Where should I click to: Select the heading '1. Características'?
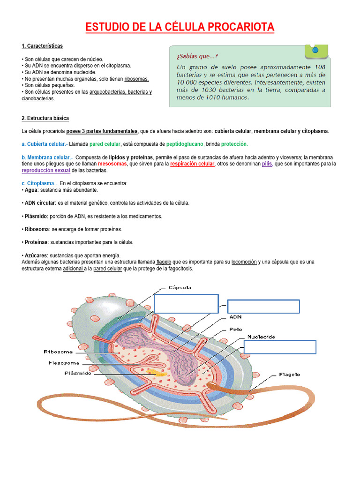[x=42, y=46]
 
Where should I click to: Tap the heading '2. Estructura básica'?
[x=45, y=118]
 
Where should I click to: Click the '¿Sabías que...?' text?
[x=197, y=55]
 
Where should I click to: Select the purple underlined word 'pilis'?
[x=266, y=164]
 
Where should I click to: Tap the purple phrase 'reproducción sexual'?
[x=46, y=171]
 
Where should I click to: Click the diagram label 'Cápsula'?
[x=180, y=287]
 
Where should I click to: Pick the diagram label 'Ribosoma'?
[x=58, y=352]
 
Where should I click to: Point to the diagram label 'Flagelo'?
[x=289, y=375]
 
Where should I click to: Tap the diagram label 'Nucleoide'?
[x=261, y=337]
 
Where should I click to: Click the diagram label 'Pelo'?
[x=236, y=329]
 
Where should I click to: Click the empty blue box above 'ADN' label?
[x=263, y=307]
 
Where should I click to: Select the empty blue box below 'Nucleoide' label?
[x=280, y=347]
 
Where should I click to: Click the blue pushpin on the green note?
[x=315, y=50]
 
